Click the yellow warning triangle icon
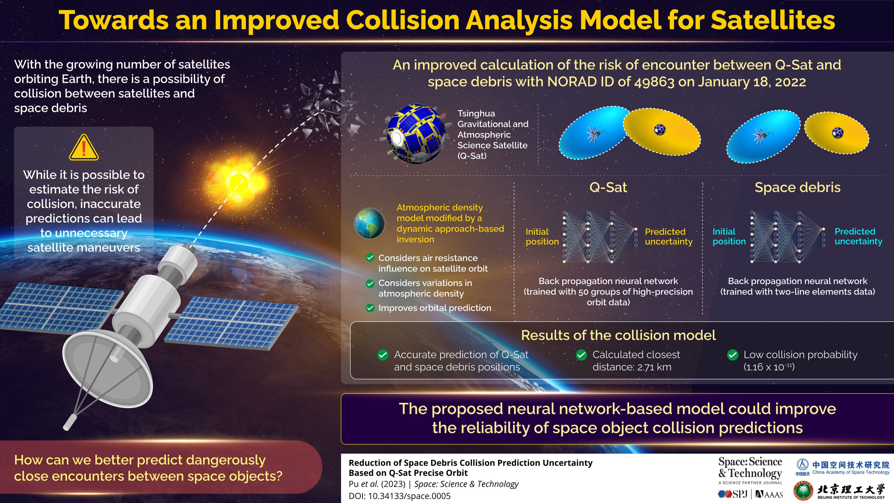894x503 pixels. point(84,147)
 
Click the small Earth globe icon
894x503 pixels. point(369,223)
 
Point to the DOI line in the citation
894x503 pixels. point(400,496)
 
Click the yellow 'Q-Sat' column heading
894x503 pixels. point(608,188)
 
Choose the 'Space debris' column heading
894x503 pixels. point(797,188)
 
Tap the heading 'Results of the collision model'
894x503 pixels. point(618,335)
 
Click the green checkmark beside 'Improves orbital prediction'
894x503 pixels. point(370,308)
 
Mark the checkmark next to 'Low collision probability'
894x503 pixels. point(733,355)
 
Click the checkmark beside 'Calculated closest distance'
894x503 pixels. point(581,355)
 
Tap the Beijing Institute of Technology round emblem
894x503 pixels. point(803,491)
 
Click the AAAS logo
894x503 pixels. point(770,494)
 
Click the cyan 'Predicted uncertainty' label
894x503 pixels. point(858,236)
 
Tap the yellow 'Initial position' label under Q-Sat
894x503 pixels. point(542,237)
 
